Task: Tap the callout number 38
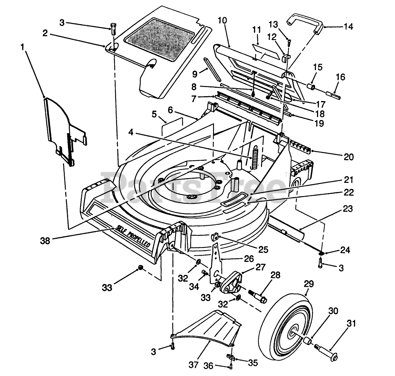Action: click(45, 241)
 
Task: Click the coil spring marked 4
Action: click(256, 157)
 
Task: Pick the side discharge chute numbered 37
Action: click(205, 328)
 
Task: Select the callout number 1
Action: click(23, 47)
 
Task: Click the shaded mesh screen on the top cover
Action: click(160, 39)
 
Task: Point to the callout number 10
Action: click(223, 20)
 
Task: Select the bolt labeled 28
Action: click(258, 296)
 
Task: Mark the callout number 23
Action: click(348, 208)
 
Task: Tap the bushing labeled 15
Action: click(310, 87)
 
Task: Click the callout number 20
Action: click(349, 157)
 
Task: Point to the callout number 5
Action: click(154, 114)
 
